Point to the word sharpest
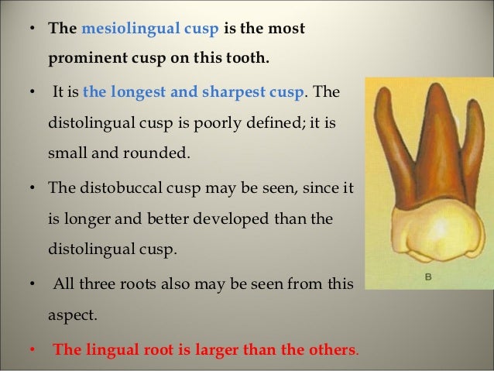click(x=240, y=92)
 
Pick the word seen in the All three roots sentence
click(x=285, y=283)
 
